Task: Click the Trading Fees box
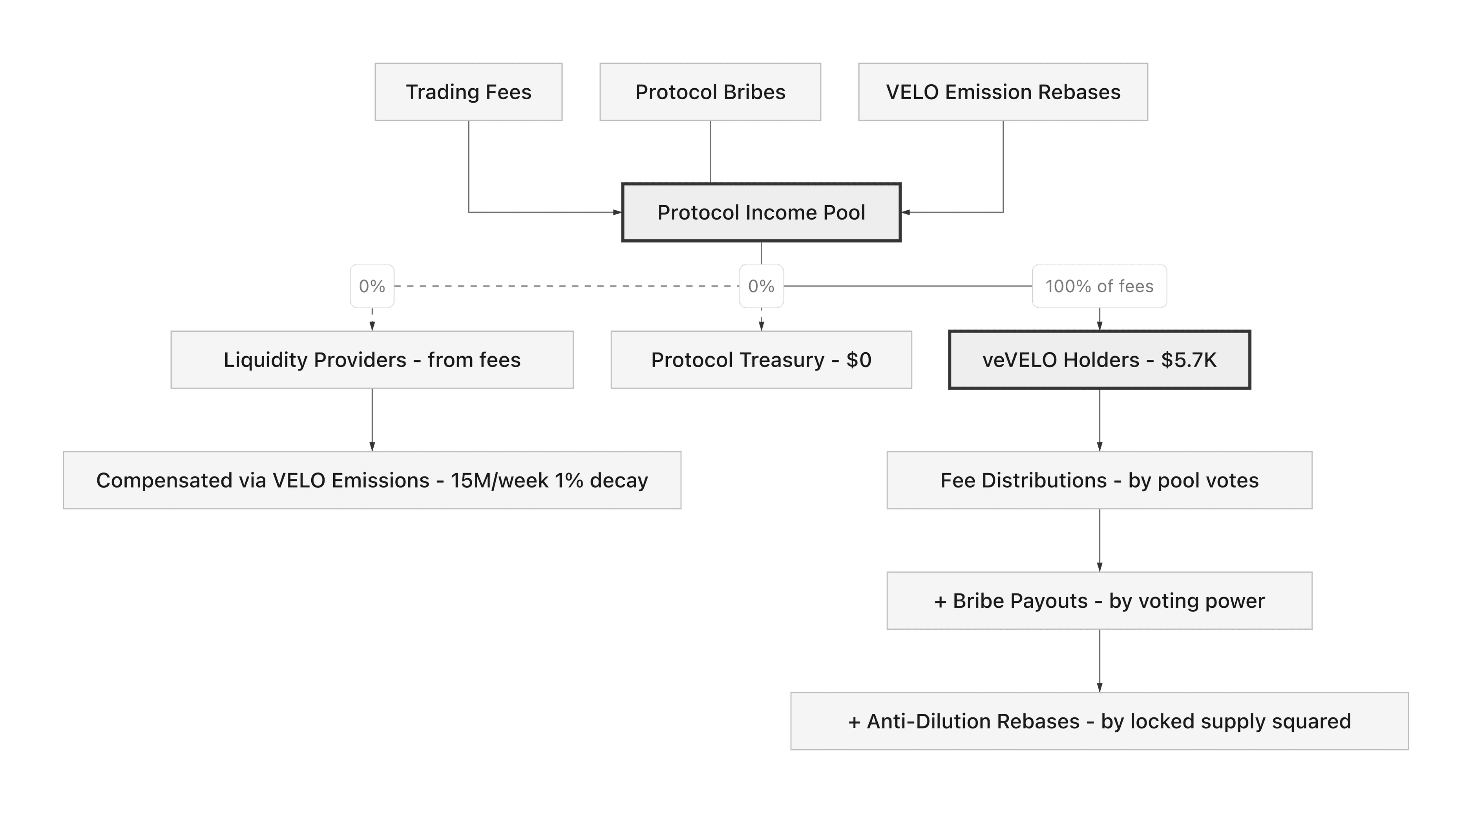pyautogui.click(x=469, y=92)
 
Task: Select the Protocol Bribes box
pyautogui.click(x=710, y=92)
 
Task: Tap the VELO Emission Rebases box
pyautogui.click(x=1003, y=92)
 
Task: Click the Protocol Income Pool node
pyautogui.click(x=761, y=213)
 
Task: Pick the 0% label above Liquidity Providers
pyautogui.click(x=372, y=286)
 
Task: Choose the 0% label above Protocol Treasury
pyautogui.click(x=761, y=286)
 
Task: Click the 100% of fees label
pyautogui.click(x=1099, y=286)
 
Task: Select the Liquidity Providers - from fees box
pyautogui.click(x=372, y=360)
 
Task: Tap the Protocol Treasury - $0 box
pyautogui.click(x=761, y=360)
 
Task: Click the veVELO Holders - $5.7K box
pyautogui.click(x=1099, y=360)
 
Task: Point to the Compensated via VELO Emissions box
pyautogui.click(x=372, y=481)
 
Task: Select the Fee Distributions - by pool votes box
pyautogui.click(x=1099, y=481)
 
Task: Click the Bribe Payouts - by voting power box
pyautogui.click(x=1099, y=601)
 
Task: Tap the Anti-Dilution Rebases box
pyautogui.click(x=1099, y=721)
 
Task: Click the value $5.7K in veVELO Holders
pyautogui.click(x=1189, y=360)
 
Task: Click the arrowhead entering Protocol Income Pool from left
pyautogui.click(x=617, y=213)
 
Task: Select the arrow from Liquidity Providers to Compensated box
pyautogui.click(x=372, y=420)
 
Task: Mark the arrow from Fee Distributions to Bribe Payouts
pyautogui.click(x=1099, y=540)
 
